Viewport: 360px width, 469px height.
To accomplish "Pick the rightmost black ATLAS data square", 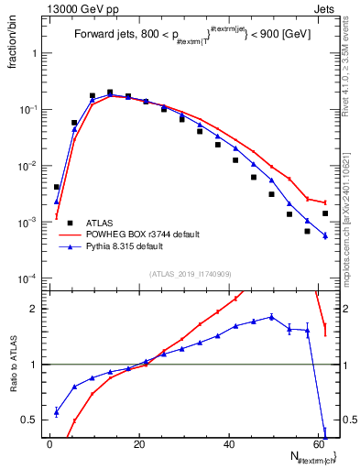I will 325,213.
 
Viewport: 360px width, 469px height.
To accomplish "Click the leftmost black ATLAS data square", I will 57,187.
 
